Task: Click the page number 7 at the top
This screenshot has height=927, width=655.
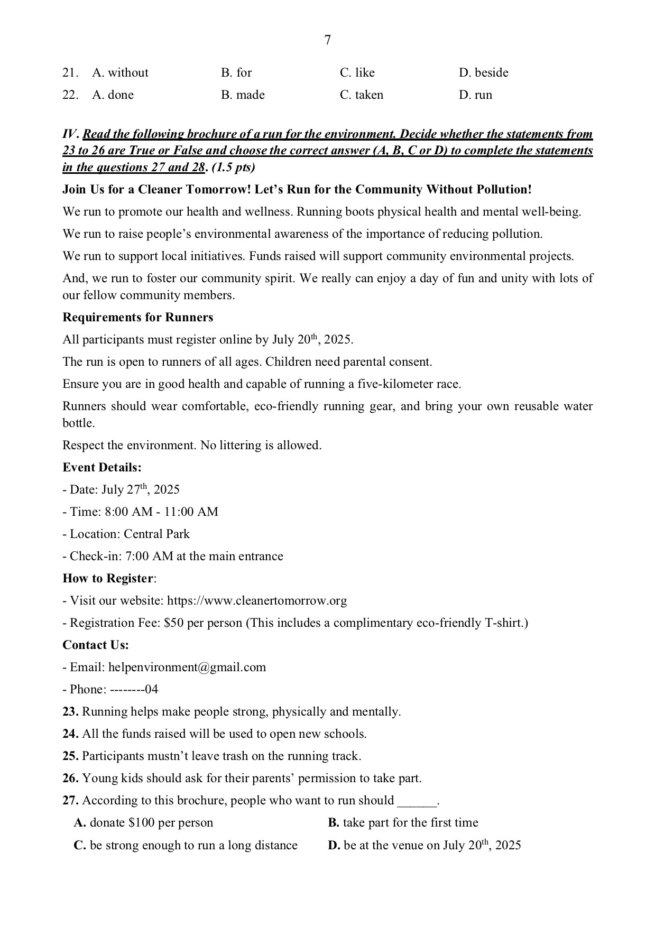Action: point(327,40)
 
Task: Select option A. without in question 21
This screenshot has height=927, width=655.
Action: point(120,72)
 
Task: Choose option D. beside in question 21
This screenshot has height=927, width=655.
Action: point(483,72)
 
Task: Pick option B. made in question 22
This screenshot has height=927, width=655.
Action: point(243,95)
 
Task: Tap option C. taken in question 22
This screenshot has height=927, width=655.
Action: point(362,95)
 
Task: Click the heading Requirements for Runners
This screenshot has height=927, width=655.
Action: point(138,317)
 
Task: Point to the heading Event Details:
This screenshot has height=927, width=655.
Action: point(102,467)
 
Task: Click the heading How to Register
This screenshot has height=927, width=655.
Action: point(108,578)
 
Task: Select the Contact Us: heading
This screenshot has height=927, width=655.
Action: point(96,645)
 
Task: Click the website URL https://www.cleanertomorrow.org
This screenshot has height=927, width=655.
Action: point(257,600)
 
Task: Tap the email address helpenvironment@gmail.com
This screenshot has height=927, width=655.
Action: point(187,667)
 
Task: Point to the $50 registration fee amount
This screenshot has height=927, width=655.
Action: point(173,623)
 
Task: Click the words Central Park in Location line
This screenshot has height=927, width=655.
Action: point(156,534)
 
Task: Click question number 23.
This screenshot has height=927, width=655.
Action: point(70,711)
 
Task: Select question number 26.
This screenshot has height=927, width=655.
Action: point(70,778)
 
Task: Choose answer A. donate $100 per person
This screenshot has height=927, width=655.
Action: point(143,822)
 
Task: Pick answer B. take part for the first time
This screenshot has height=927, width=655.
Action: point(403,822)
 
